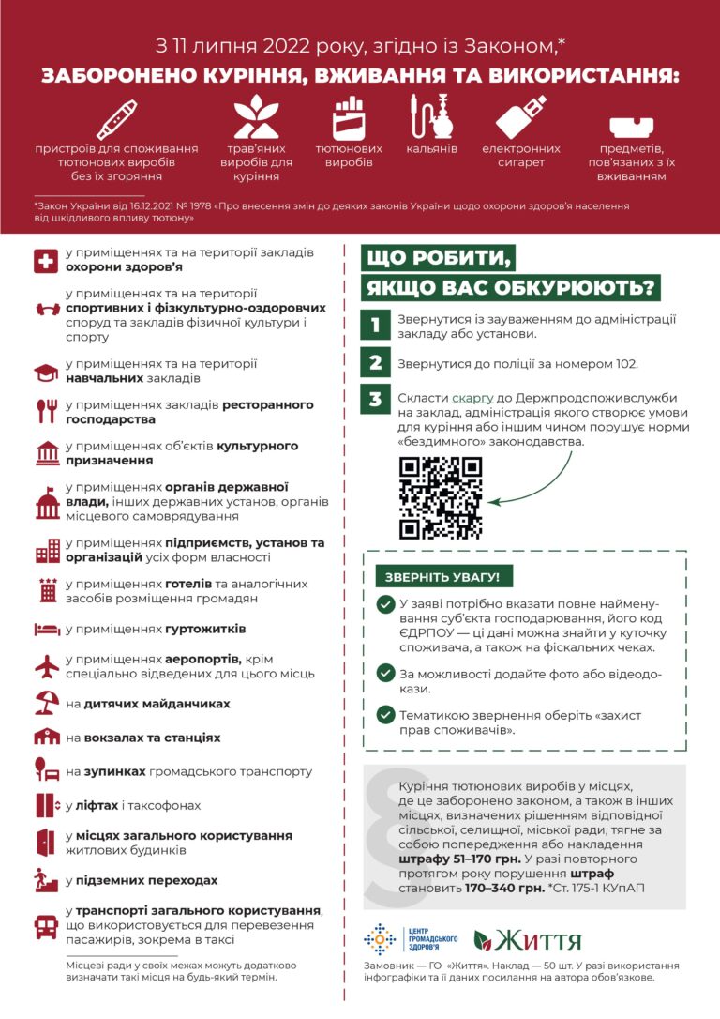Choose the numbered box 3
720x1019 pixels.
click(375, 400)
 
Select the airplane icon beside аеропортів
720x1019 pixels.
click(46, 666)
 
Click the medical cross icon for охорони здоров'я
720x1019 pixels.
click(46, 261)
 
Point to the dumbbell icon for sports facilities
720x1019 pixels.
click(46, 309)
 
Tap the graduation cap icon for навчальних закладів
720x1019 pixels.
click(46, 373)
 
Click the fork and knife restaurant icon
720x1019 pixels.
click(46, 411)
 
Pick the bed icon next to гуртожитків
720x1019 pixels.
click(46, 629)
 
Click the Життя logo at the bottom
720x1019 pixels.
click(528, 939)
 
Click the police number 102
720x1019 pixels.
click(624, 363)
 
